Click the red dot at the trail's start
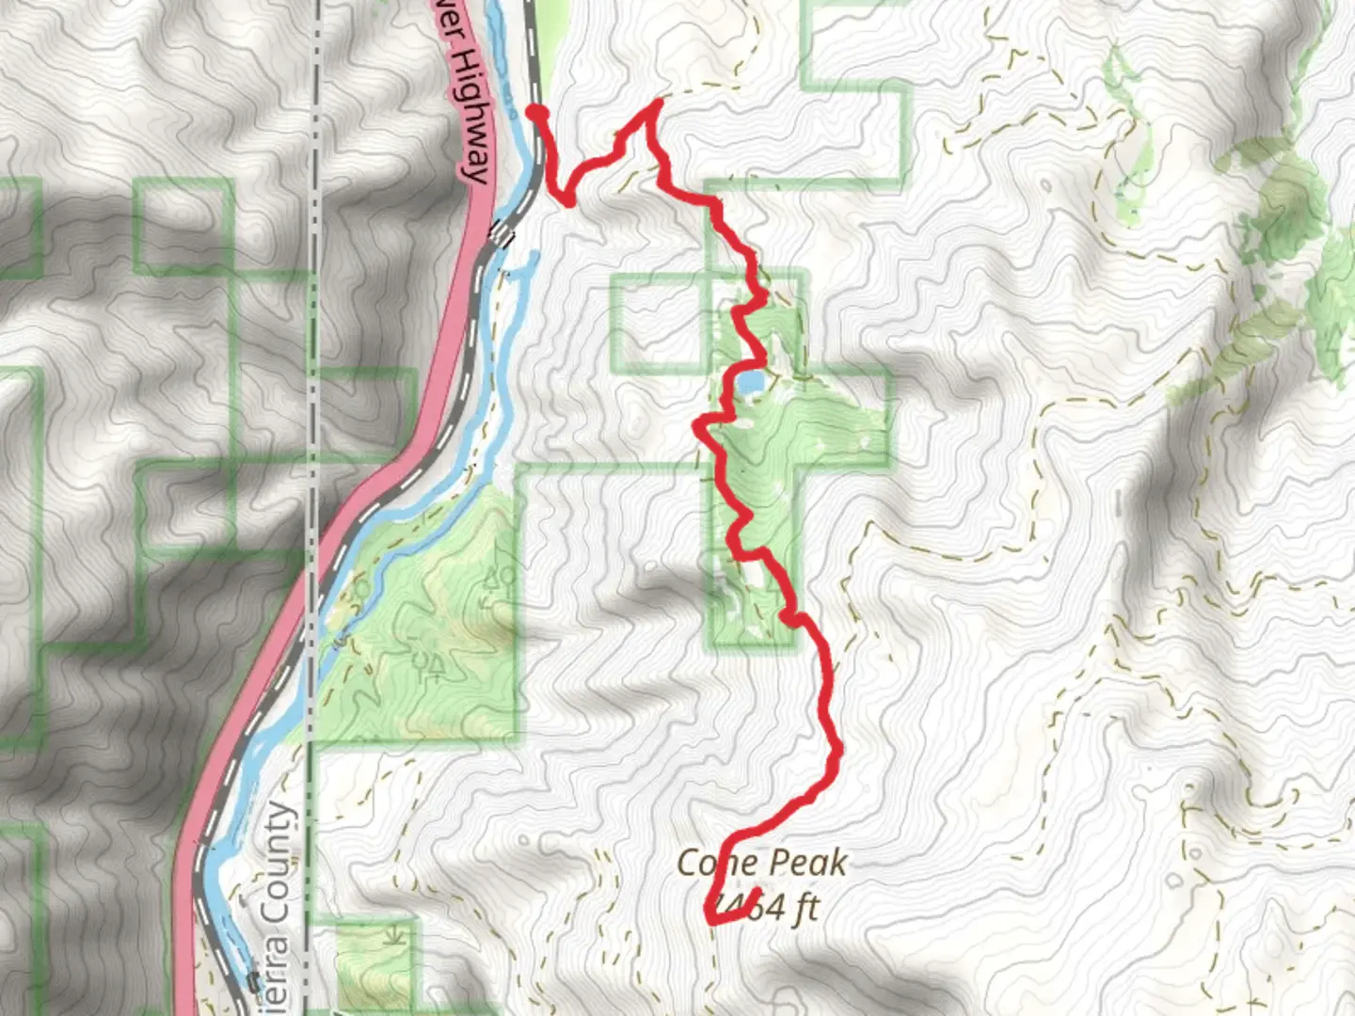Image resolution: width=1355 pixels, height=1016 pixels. pos(536,114)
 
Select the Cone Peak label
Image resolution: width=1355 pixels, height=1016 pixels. pos(762,863)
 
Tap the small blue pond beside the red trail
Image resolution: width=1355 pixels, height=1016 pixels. pos(750,383)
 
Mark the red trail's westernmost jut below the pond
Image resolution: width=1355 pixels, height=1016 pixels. pos(698,426)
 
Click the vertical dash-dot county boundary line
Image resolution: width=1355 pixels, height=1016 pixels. pos(316,282)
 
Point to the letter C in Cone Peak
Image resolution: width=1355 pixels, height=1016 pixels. pos(688,863)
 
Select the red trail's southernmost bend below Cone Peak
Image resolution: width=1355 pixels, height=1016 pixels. pos(711,920)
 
